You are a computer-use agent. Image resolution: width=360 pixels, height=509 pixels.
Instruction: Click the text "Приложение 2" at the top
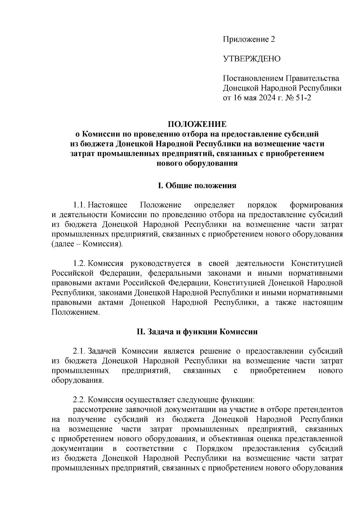[x=248, y=39]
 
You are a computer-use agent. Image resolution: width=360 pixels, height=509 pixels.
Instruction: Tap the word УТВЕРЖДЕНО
[x=251, y=59]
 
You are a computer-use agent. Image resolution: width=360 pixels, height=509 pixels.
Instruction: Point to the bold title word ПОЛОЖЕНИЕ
[x=197, y=124]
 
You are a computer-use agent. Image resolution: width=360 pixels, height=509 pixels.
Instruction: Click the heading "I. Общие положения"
[x=197, y=186]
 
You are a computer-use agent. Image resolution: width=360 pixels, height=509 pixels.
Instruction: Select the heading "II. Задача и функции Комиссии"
[x=197, y=332]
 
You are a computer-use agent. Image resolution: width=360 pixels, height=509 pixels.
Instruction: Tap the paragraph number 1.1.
[x=80, y=205]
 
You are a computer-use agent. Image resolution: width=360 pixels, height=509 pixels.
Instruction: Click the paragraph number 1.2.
[x=80, y=264]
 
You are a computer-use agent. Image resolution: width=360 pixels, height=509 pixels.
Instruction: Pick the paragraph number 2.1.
[x=80, y=351]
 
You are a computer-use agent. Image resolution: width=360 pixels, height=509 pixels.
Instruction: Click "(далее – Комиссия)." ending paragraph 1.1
[x=87, y=244]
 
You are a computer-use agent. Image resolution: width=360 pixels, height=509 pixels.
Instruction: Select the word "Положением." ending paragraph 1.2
[x=75, y=312]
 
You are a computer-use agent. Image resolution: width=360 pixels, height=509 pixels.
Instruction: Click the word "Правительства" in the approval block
[x=312, y=79]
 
